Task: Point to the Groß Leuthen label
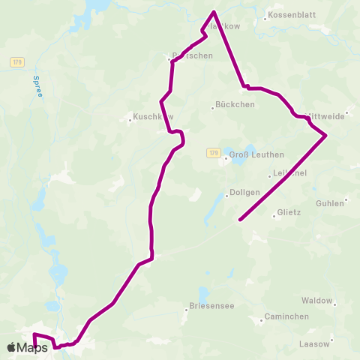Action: pyautogui.click(x=256, y=155)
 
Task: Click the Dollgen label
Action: pyautogui.click(x=245, y=192)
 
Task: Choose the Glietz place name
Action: pyautogui.click(x=289, y=212)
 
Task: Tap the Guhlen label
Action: pyautogui.click(x=330, y=203)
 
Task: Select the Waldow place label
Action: pyautogui.click(x=316, y=301)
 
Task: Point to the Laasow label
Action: pyautogui.click(x=314, y=343)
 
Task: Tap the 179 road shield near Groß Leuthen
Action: pyautogui.click(x=214, y=153)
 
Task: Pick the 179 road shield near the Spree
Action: pyautogui.click(x=18, y=62)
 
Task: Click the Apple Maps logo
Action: pyautogui.click(x=28, y=347)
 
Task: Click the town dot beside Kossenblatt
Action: pyautogui.click(x=265, y=16)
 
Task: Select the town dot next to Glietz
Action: pyautogui.click(x=274, y=216)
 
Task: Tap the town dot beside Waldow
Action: pyautogui.click(x=334, y=304)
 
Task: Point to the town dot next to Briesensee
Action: pyautogui.click(x=186, y=309)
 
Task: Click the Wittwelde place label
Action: pyautogui.click(x=326, y=115)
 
